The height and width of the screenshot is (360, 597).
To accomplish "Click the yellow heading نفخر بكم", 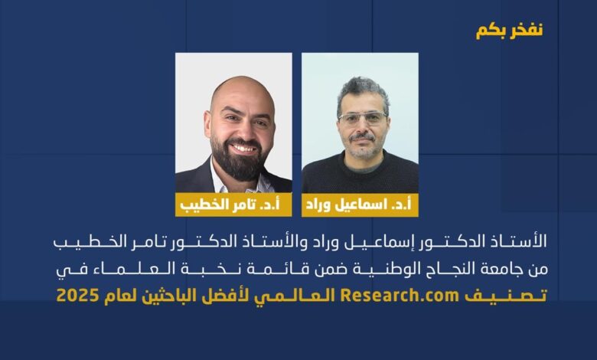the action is (509, 31).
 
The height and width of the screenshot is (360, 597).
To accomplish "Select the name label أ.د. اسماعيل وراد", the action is (360, 205).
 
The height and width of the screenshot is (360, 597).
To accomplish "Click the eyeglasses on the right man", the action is (362, 118).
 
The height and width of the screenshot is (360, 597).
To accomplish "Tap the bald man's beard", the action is (238, 160).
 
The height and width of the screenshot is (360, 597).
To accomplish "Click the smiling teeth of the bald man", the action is (243, 147).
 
